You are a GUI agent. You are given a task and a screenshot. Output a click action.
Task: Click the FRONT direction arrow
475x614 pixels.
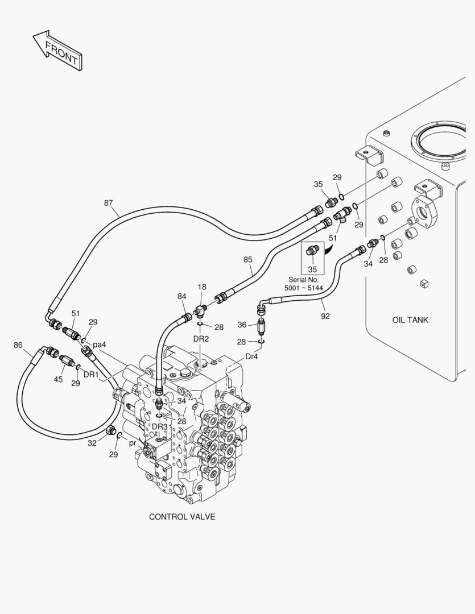click(x=57, y=51)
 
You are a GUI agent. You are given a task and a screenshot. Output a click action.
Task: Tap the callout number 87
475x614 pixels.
click(x=108, y=203)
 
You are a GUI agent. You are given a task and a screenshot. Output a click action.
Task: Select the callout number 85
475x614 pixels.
click(x=247, y=260)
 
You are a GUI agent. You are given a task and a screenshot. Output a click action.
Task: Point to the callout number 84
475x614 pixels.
click(x=181, y=296)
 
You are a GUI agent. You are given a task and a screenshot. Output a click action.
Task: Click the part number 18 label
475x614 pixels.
click(x=201, y=288)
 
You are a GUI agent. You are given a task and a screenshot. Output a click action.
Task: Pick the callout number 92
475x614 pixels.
click(x=325, y=316)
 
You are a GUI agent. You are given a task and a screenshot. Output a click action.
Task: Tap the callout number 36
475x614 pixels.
click(x=242, y=325)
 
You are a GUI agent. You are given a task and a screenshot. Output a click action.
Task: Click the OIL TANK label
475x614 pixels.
click(x=410, y=320)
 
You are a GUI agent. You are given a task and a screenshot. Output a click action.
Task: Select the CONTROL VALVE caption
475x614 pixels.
click(x=182, y=517)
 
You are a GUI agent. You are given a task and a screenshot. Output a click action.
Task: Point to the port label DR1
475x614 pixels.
click(x=91, y=374)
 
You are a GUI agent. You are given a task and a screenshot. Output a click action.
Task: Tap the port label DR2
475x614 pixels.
click(x=201, y=338)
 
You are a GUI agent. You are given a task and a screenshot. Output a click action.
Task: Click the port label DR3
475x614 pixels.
click(x=160, y=426)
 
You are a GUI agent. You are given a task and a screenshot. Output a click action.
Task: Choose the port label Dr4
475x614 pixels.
click(x=252, y=356)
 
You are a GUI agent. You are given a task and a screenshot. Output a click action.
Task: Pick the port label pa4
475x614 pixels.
click(x=100, y=345)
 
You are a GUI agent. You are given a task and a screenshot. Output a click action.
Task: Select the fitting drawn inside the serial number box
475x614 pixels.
click(x=311, y=250)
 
